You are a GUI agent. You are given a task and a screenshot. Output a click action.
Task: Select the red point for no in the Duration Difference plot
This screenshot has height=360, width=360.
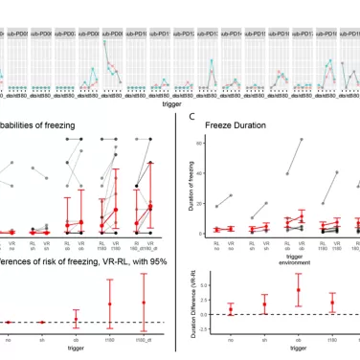(231, 310)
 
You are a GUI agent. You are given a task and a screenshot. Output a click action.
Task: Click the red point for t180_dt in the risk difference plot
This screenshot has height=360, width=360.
(144, 304)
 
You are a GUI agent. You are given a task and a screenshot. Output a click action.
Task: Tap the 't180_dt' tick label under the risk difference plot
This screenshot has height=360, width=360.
(144, 338)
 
